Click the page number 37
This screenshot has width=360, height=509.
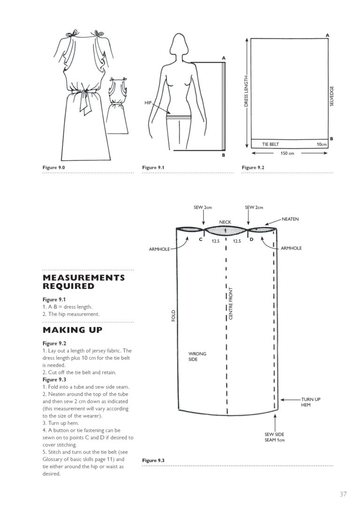pyautogui.click(x=343, y=494)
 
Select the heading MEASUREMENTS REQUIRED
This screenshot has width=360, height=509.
pyautogui.click(x=84, y=282)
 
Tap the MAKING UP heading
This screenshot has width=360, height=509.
pyautogui.click(x=73, y=330)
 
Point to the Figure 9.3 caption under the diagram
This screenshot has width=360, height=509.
pyautogui.click(x=153, y=461)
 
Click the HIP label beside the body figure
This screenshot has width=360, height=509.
pyautogui.click(x=148, y=102)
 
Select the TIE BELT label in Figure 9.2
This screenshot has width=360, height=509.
pyautogui.click(x=271, y=144)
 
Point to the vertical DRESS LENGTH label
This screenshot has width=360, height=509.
pyautogui.click(x=246, y=92)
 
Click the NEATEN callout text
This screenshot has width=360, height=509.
pyautogui.click(x=290, y=219)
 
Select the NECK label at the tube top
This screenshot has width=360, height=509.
pyautogui.click(x=225, y=222)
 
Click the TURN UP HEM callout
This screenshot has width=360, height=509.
pyautogui.click(x=310, y=402)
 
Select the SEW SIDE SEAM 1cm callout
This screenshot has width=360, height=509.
pyautogui.click(x=275, y=437)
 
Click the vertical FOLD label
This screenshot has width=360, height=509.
pyautogui.click(x=173, y=315)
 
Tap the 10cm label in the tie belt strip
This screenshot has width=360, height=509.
pyautogui.click(x=321, y=144)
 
